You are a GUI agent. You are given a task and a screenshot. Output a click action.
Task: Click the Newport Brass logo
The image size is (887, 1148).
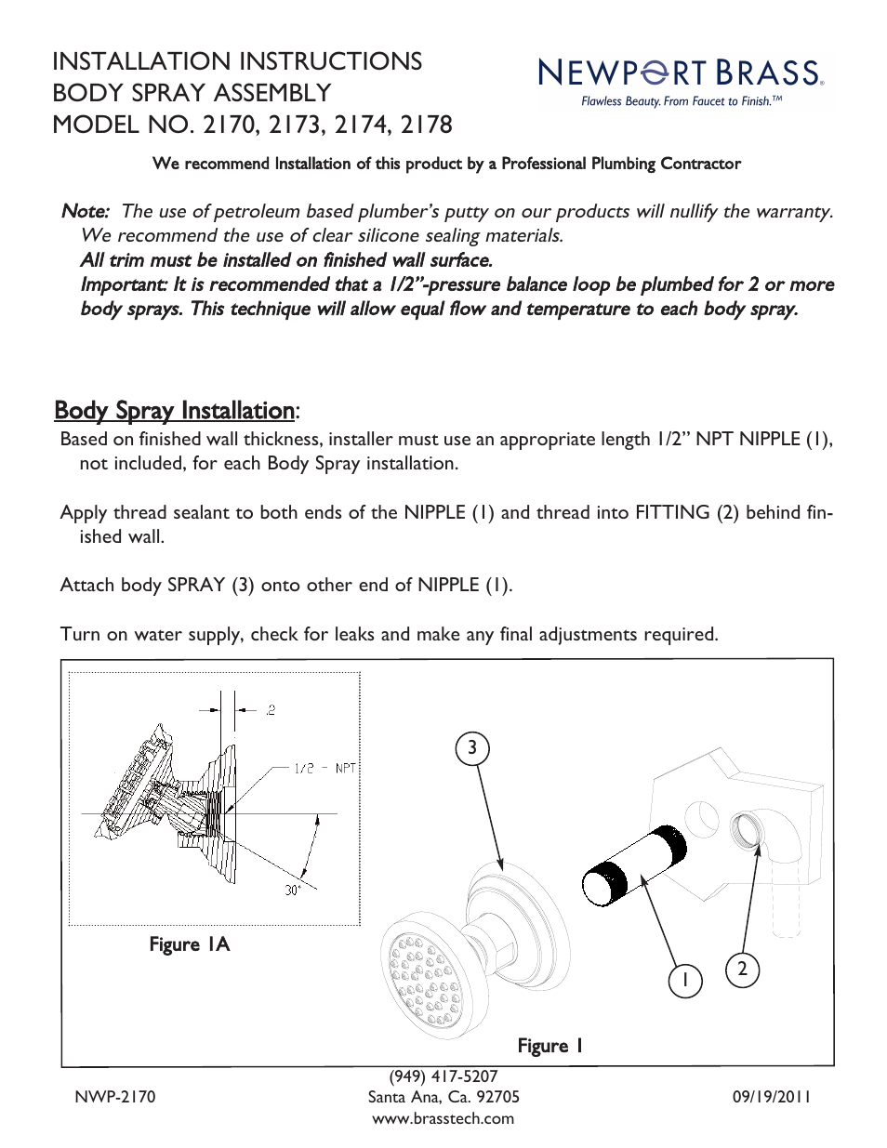680,73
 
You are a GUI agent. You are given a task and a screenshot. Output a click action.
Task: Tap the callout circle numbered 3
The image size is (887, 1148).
472,748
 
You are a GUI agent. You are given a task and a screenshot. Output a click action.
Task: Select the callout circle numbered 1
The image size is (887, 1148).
685,980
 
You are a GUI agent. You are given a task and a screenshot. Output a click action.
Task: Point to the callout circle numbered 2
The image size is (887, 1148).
742,970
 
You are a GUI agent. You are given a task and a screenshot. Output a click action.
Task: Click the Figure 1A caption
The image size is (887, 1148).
189,944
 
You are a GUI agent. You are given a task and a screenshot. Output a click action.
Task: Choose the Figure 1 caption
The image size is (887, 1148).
549,1046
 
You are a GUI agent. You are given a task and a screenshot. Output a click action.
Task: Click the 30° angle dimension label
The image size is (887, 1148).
293,890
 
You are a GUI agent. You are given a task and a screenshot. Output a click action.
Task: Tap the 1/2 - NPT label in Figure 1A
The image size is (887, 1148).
324,768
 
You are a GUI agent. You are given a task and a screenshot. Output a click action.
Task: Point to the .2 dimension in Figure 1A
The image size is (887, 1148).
270,710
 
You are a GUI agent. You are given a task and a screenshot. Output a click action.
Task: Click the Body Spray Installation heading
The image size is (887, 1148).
175,411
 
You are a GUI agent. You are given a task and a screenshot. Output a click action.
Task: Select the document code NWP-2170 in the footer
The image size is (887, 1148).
115,1097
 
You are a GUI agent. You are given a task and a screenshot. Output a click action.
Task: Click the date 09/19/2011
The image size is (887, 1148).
771,1097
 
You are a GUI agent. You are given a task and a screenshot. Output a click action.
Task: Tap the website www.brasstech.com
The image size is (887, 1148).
443,1118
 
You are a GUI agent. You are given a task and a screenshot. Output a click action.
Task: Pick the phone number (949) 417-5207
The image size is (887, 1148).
443,1076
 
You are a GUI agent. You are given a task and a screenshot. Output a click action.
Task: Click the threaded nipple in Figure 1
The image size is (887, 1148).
635,864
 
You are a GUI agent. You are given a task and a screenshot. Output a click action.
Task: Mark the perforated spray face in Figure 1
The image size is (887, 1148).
424,972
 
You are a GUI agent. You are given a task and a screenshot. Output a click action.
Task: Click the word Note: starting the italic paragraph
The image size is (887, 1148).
85,212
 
